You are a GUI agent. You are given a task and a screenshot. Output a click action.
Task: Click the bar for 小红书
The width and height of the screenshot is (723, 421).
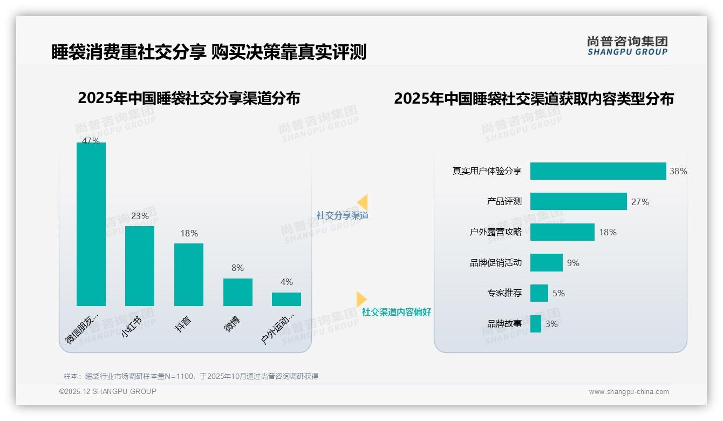(x=140, y=266)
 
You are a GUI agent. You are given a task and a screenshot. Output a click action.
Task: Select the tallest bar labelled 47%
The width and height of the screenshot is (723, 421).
(x=91, y=224)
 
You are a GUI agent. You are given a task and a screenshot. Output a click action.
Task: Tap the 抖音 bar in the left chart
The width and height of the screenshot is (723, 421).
(x=189, y=274)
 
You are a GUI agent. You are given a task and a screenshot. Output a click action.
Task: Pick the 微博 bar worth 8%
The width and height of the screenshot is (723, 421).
(x=238, y=292)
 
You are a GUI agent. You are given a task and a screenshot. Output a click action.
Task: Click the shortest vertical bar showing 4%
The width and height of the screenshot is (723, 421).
(x=287, y=299)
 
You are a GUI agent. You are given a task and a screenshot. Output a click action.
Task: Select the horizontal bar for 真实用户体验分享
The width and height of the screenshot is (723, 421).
(x=598, y=171)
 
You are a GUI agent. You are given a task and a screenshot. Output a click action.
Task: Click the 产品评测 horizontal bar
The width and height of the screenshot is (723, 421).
(x=578, y=201)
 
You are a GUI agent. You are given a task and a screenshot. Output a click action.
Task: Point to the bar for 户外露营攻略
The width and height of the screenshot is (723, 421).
(x=562, y=232)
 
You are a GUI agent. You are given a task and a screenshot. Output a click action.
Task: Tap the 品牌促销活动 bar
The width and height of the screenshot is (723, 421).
(x=546, y=263)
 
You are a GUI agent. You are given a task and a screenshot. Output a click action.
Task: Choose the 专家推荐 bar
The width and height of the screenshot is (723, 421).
(x=539, y=293)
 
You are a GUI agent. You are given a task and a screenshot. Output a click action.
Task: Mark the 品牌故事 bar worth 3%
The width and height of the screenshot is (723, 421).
(x=536, y=324)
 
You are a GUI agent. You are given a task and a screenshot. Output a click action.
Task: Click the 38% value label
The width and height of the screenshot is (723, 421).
(x=678, y=172)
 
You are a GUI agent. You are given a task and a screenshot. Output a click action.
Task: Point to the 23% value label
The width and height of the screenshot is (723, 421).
(x=140, y=216)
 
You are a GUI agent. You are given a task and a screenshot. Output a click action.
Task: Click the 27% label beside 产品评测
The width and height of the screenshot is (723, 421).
(x=640, y=202)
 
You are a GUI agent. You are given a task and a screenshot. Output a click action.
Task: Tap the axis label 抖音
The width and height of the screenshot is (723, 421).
(x=184, y=324)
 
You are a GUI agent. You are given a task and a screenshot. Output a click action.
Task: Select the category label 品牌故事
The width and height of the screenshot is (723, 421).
(x=504, y=324)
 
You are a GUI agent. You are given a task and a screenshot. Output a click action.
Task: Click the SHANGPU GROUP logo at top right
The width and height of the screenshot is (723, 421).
(x=627, y=46)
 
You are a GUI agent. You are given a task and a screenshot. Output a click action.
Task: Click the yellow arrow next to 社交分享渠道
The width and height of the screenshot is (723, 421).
(x=363, y=202)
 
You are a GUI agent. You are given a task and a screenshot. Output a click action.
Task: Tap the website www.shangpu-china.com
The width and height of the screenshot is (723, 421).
(x=629, y=392)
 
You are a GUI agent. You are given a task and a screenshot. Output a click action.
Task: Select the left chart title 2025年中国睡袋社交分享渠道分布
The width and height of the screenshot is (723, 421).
(x=189, y=99)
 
